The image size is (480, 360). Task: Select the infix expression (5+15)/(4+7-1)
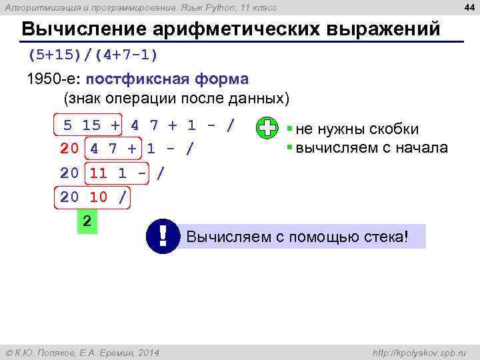93,53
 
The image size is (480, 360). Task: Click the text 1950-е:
54,79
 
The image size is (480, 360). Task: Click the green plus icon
267,129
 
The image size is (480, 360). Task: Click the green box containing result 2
87,222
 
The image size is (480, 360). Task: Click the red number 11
98,173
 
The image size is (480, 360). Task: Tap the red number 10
98,197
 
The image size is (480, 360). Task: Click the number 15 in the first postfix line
91,125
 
